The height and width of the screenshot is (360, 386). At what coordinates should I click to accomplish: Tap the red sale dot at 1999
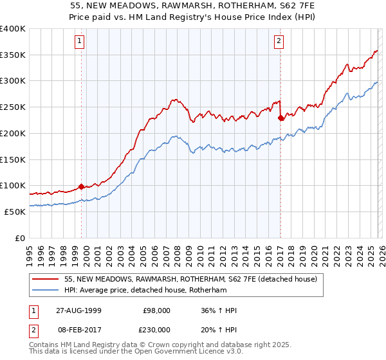(x=82, y=186)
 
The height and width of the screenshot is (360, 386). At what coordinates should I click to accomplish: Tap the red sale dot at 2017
(x=280, y=118)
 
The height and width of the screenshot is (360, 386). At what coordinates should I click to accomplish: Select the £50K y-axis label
(x=15, y=212)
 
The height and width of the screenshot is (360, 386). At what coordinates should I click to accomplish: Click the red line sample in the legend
(x=46, y=280)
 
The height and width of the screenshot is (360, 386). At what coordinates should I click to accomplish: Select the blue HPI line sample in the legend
(x=46, y=291)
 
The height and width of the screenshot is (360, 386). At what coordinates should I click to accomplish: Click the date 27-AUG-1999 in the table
(x=78, y=311)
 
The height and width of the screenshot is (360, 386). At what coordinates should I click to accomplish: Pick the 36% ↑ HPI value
(x=219, y=311)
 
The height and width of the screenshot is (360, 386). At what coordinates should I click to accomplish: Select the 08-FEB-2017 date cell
(x=78, y=329)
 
